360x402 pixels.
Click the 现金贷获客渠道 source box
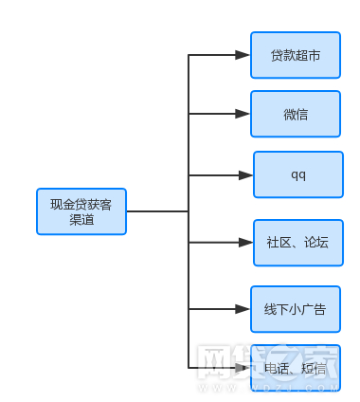81,211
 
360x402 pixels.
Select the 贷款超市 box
295,56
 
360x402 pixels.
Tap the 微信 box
295,115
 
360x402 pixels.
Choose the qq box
297,174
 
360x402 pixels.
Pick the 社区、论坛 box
297,243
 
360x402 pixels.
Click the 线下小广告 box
295,309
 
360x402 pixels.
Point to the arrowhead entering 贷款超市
243,56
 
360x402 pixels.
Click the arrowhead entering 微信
243,115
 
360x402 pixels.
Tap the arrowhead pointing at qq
245,175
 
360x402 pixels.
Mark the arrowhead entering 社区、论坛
245,243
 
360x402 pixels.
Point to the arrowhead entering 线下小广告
243,309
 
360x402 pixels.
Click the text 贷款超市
295,56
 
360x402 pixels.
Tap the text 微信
295,115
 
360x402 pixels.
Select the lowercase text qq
297,175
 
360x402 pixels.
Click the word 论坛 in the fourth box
315,243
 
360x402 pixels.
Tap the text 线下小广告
295,309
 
